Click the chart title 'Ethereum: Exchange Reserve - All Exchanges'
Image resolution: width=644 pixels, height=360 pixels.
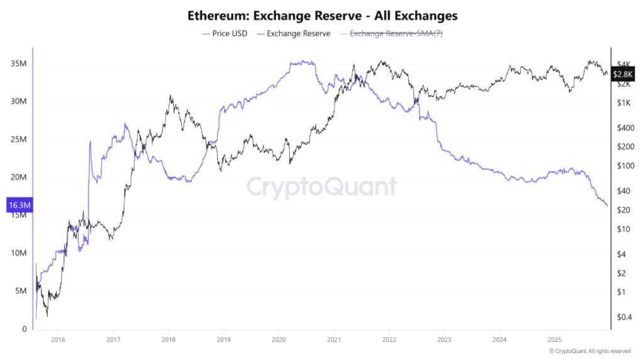tap(322, 14)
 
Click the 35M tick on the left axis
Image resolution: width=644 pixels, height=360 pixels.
tap(18, 64)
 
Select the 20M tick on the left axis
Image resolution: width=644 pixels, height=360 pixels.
tap(18, 177)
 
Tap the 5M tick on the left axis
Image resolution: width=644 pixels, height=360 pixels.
tap(19, 291)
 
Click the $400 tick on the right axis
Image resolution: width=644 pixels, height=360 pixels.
tap(625, 128)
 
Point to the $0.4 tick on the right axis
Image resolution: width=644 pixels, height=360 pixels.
tap(625, 317)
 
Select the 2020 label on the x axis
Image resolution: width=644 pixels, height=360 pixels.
tap(278, 340)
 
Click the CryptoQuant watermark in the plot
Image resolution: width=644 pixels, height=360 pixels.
tap(321, 187)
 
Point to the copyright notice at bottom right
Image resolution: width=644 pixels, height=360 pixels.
tap(589, 351)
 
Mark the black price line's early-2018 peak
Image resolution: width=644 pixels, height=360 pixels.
tap(170, 96)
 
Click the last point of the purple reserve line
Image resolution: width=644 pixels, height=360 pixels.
tap(608, 206)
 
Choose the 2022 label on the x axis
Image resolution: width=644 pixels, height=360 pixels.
tap(388, 340)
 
